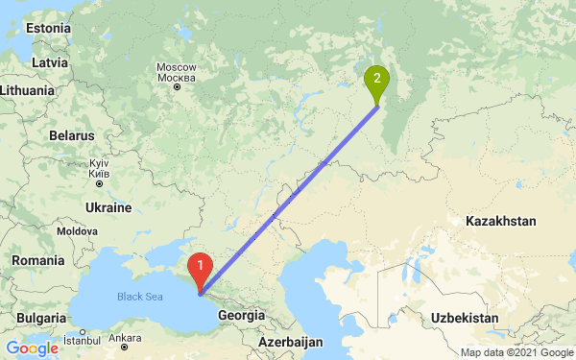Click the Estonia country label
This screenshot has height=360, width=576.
point(48,29)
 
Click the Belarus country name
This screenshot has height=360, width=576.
point(70,135)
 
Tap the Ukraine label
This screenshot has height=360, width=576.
point(108,207)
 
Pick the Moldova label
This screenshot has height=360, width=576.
point(77,232)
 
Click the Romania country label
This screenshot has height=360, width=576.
point(37,260)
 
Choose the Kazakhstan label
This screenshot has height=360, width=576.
point(500,221)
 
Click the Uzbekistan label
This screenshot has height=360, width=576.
point(464,317)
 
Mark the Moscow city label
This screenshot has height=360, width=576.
point(176,72)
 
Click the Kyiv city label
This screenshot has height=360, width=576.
point(97,169)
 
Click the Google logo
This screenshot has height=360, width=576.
point(32,348)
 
